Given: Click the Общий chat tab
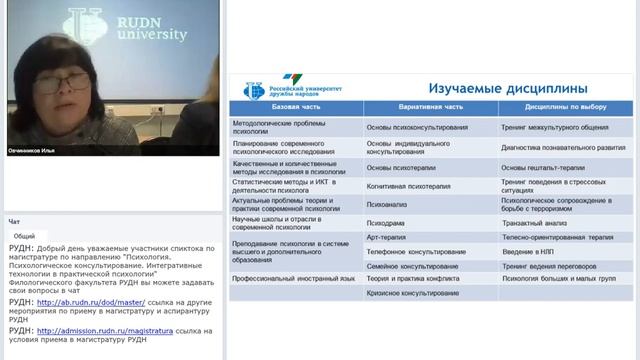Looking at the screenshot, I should tap(24, 235).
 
